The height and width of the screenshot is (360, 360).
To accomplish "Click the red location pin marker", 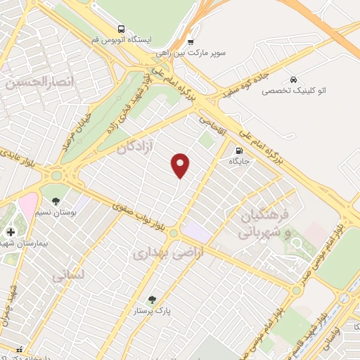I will (x=181, y=165).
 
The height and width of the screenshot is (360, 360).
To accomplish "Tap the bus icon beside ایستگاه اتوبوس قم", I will (x=122, y=30).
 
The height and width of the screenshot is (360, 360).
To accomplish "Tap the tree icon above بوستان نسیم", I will (x=56, y=202).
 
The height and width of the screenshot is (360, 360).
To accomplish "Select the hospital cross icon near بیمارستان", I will (x=10, y=232).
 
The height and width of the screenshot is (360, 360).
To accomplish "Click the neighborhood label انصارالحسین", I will (x=30, y=83).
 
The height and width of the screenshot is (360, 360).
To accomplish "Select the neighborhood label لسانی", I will (x=67, y=276).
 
